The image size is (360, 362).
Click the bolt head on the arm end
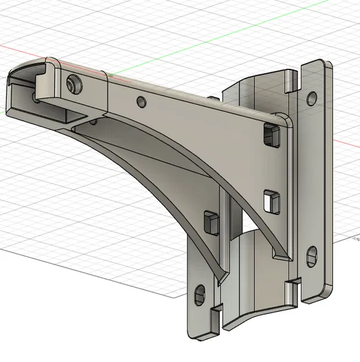(x=74, y=85)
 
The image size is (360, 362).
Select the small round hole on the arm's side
(x=141, y=102)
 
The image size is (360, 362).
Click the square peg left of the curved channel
(x=210, y=222)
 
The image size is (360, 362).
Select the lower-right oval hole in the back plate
(x=312, y=255)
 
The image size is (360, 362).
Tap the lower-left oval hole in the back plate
(x=200, y=294)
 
